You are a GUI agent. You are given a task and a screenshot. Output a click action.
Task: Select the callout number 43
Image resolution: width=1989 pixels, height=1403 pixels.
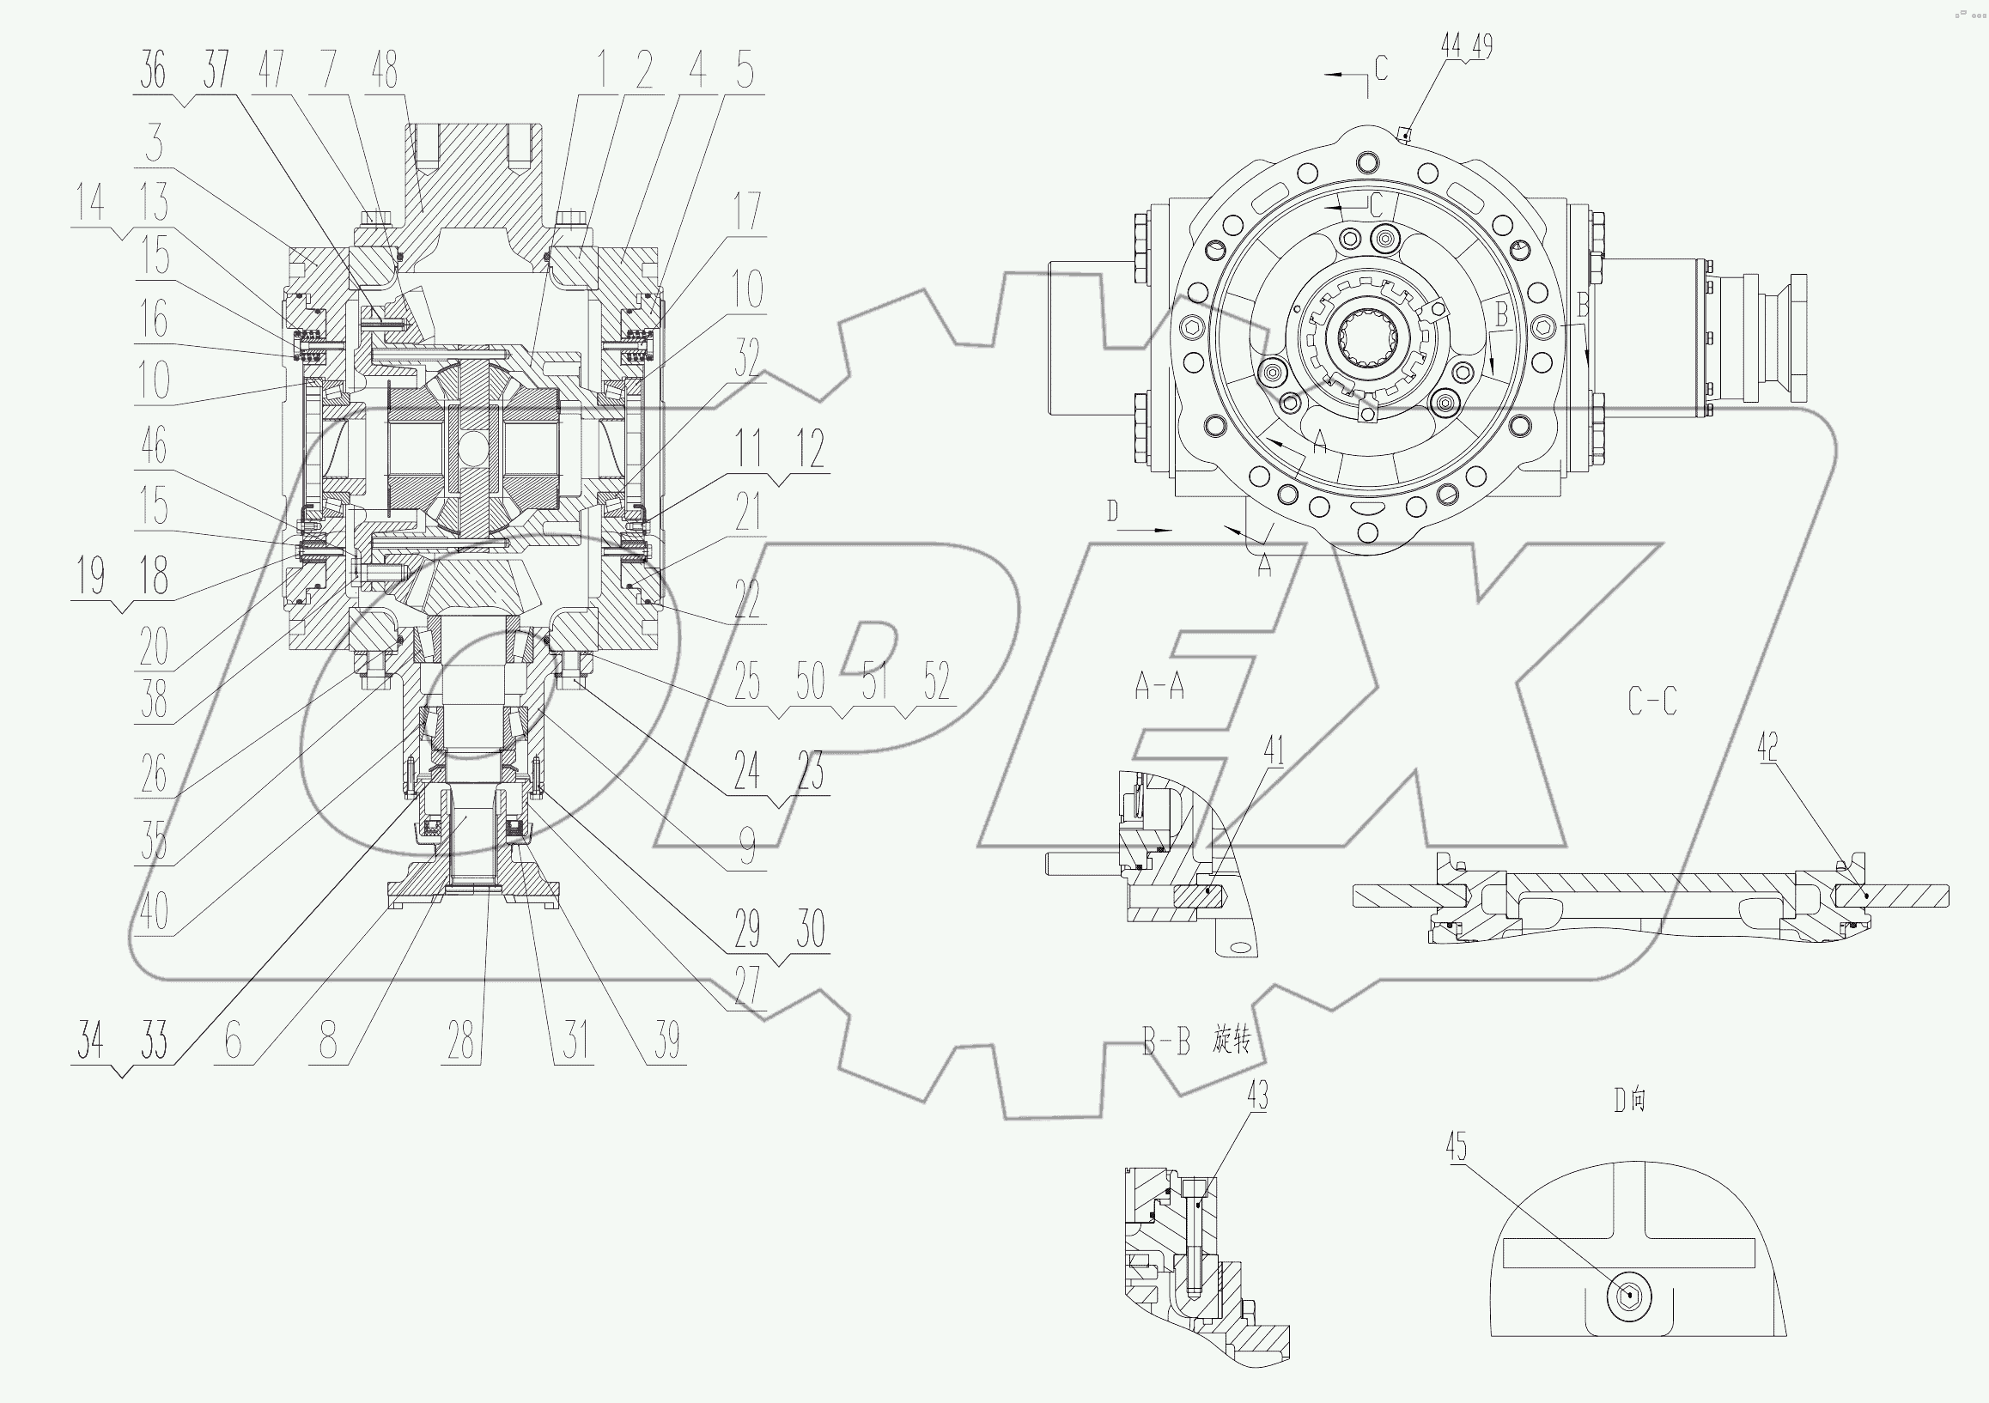click(x=1257, y=1096)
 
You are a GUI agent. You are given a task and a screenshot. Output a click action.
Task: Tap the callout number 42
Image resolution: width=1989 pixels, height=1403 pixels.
click(x=1767, y=745)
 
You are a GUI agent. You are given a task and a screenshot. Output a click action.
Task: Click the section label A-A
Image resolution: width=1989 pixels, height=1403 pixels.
click(x=1159, y=687)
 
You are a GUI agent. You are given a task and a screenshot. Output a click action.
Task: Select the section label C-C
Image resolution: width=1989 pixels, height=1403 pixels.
click(x=1652, y=701)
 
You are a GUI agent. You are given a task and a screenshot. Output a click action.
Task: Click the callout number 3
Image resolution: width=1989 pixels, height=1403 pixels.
click(x=155, y=143)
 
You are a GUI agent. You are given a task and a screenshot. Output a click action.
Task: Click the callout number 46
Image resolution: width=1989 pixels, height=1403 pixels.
click(x=154, y=446)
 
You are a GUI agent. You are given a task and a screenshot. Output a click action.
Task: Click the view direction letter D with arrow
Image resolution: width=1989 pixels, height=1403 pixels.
click(x=1113, y=513)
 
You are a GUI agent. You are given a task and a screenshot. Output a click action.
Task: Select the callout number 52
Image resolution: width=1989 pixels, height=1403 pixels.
click(x=936, y=681)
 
